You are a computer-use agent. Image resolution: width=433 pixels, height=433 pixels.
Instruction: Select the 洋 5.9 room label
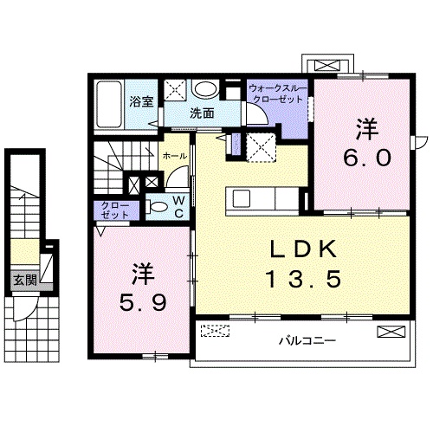(143, 289)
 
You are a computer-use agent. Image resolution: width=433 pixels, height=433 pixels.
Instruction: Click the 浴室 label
(142, 102)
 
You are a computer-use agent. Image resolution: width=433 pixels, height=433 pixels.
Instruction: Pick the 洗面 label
(203, 113)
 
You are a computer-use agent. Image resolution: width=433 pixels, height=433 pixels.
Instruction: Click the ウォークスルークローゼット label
(276, 94)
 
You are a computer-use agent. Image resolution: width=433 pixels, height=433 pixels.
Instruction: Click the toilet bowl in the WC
(158, 206)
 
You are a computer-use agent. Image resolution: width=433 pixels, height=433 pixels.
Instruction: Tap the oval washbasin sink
(205, 89)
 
